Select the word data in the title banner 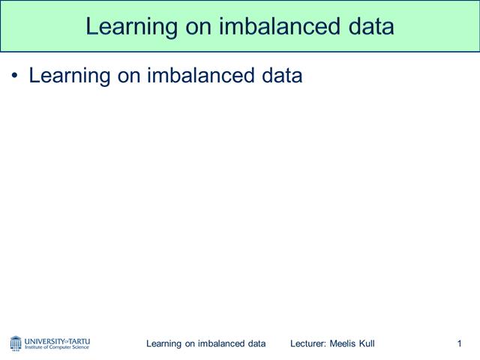point(367,26)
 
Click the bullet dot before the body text point(15,76)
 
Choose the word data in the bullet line point(279,76)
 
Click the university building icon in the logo point(16,343)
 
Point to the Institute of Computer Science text point(57,348)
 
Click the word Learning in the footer point(164,343)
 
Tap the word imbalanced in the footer point(222,343)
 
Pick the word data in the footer point(256,343)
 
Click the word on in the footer point(191,343)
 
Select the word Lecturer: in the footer point(308,343)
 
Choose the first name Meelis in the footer point(343,343)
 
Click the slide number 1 point(458,343)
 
